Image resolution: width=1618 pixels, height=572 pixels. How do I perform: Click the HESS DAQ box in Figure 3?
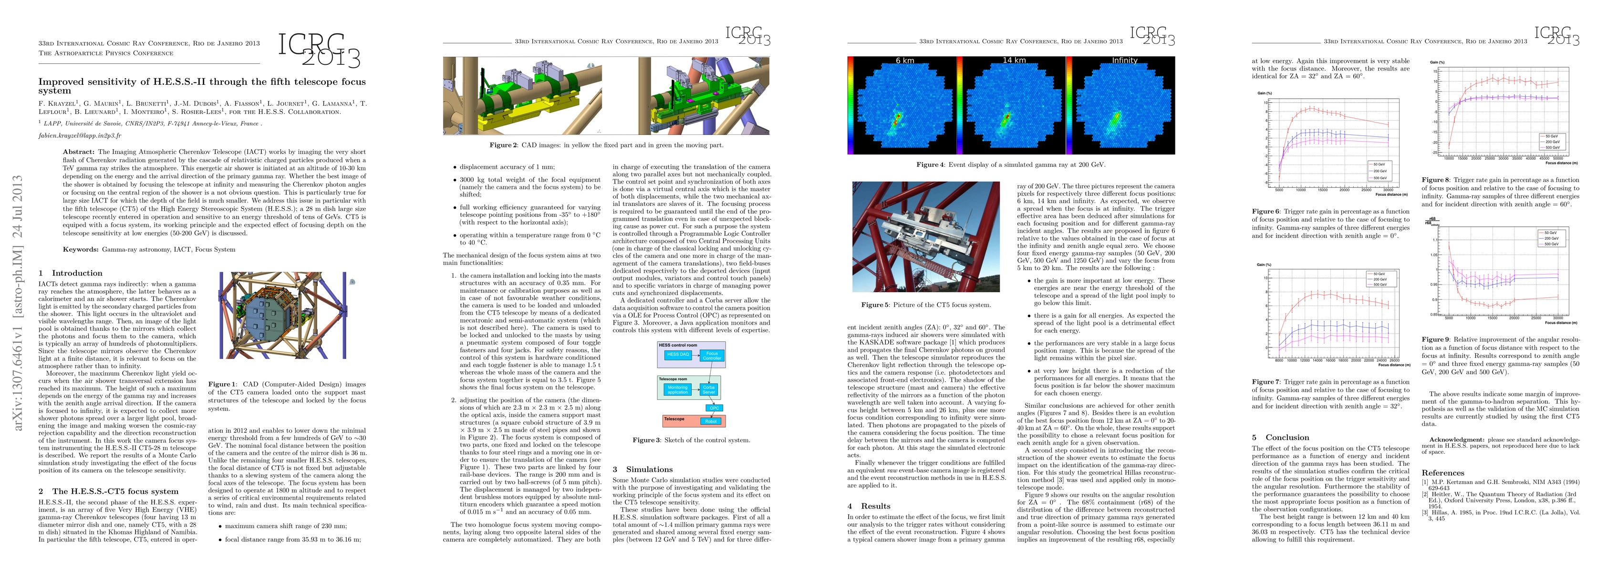coord(678,355)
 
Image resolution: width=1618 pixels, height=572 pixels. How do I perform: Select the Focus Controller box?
coord(712,356)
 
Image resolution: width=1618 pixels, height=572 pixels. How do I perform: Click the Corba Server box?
coord(708,390)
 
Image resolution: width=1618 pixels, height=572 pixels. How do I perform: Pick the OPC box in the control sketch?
coord(714,408)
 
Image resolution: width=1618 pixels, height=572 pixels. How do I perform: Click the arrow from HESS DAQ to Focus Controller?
coord(695,355)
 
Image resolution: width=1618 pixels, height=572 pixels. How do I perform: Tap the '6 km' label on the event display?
coord(904,60)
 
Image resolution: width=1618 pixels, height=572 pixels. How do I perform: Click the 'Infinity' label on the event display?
coord(1124,60)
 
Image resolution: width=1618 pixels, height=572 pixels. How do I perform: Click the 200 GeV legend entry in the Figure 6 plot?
coord(1380,171)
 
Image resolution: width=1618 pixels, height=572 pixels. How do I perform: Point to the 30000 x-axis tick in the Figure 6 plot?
coord(1388,190)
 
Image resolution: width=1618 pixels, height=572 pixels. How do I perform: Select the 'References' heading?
coord(1443,473)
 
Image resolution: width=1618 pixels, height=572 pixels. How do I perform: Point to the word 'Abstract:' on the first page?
coord(79,152)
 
